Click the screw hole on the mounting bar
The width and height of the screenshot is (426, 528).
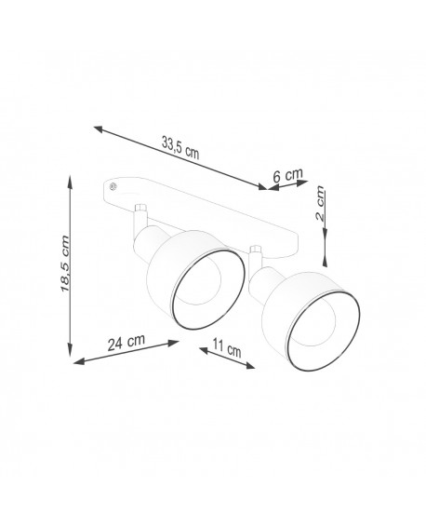tap(113, 187)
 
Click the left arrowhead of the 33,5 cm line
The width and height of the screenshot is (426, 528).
tap(97, 129)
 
